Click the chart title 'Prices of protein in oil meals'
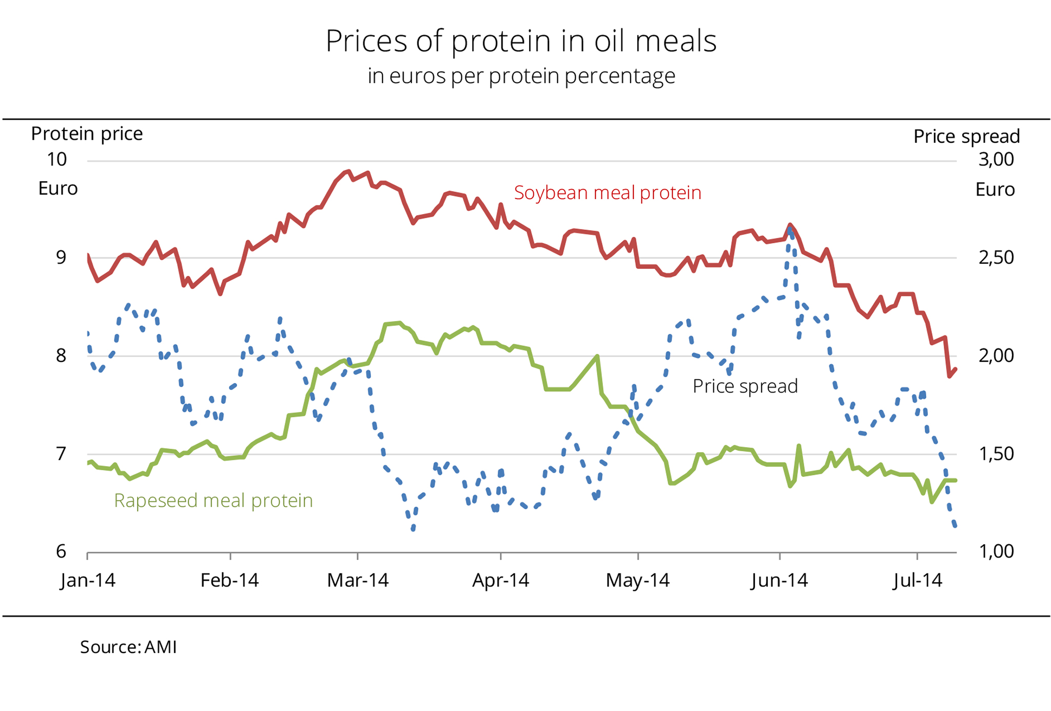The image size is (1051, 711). point(521,41)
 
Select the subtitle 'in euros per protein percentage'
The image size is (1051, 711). point(521,76)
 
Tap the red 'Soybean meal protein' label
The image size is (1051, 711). point(608,193)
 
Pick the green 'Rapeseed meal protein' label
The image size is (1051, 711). point(213,500)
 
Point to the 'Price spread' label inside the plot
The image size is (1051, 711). point(745,386)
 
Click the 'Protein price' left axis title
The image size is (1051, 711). point(87,133)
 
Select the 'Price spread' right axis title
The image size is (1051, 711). point(966,136)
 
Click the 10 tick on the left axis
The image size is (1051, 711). point(57,159)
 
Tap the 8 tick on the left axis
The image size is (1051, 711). point(61,355)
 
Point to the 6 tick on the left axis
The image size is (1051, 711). point(61,551)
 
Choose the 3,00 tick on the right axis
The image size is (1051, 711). point(996,159)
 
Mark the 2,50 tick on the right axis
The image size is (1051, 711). point(996,257)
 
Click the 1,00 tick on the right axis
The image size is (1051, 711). point(996,551)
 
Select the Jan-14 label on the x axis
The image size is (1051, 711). point(88,580)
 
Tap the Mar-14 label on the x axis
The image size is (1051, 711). point(358,580)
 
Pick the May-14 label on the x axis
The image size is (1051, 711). point(637,580)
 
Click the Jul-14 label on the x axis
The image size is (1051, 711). point(917,580)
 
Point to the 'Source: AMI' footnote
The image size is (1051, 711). point(128,647)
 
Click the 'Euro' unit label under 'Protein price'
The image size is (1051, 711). point(58,188)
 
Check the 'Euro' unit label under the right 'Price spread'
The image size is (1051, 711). point(995,189)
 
